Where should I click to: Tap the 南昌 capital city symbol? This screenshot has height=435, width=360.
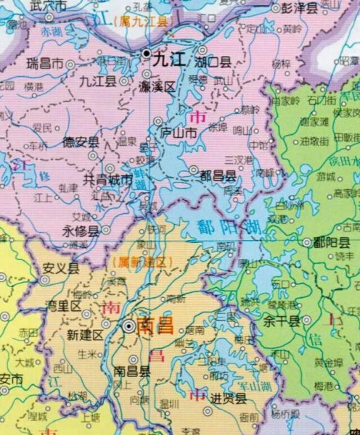(128, 326)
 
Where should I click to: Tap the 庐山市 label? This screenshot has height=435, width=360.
(178, 133)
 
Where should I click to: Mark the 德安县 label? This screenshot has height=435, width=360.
(81, 142)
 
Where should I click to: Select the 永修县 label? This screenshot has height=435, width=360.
(81, 231)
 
